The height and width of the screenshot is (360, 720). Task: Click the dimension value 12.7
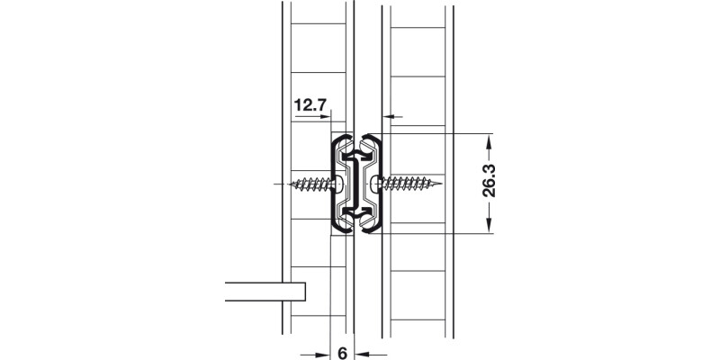[309, 106]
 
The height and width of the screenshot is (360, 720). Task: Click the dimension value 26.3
[487, 184]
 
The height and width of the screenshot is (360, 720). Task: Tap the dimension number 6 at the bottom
[343, 352]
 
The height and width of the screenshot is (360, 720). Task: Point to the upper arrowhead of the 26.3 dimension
[488, 140]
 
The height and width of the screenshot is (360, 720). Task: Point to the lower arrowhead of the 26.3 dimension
[488, 227]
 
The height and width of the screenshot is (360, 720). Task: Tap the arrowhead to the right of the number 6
[359, 352]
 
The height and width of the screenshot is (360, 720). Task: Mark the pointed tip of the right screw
[443, 185]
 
